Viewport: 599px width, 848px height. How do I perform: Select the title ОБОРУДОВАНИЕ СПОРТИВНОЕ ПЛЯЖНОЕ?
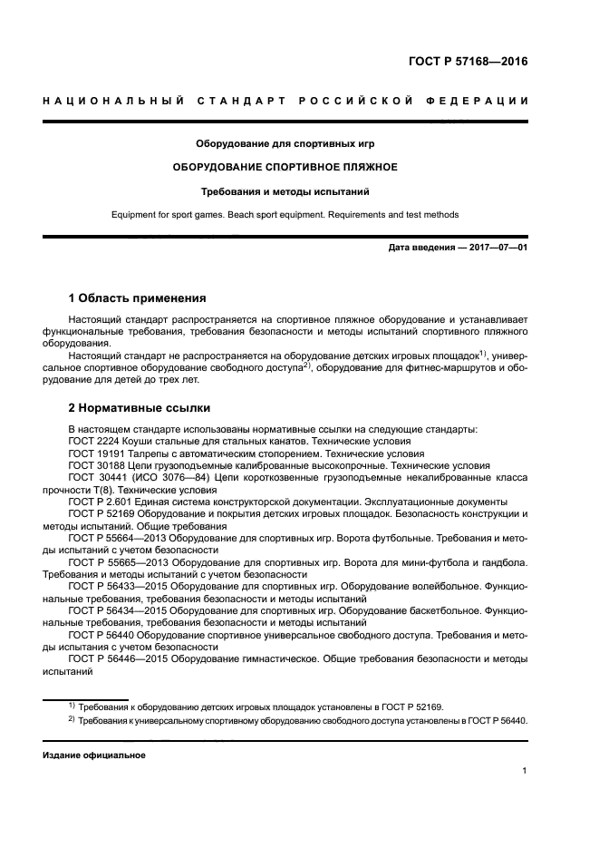285,167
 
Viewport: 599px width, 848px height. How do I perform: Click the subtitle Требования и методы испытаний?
285,191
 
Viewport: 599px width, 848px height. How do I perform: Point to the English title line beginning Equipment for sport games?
285,215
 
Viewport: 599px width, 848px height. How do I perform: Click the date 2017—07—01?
496,249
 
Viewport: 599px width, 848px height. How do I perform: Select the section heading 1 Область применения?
137,297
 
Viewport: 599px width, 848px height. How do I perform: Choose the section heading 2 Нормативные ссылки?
139,408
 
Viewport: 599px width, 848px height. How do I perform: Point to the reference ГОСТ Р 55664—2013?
121,538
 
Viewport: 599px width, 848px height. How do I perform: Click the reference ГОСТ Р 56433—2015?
121,587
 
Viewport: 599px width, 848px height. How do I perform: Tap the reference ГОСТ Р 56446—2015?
121,659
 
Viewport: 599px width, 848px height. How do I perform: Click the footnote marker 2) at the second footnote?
72,720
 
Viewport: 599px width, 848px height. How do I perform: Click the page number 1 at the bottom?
525,772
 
